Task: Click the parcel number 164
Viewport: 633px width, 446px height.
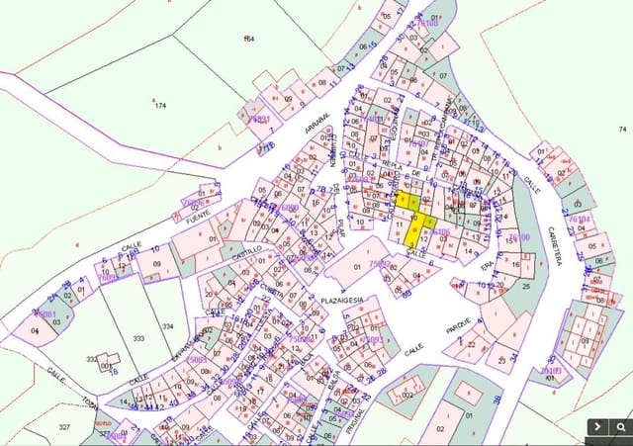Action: click(248, 39)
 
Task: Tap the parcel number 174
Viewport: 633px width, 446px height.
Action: click(160, 105)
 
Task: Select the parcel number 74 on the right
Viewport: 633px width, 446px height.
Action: click(622, 130)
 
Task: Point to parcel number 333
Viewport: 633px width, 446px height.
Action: click(137, 339)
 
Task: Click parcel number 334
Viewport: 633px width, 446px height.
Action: click(168, 326)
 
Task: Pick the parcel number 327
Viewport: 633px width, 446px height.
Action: click(64, 426)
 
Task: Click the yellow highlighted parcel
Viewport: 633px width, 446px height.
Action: click(416, 222)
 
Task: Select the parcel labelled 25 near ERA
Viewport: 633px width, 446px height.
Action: click(526, 286)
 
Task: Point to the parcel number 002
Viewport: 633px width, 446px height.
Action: click(406, 396)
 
